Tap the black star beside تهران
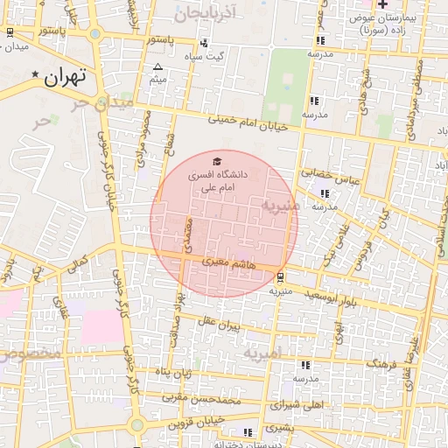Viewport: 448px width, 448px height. click(35, 74)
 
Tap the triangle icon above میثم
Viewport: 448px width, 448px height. click(157, 66)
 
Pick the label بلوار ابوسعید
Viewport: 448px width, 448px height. click(313, 295)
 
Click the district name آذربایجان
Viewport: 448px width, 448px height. click(206, 14)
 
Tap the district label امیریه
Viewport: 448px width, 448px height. click(262, 354)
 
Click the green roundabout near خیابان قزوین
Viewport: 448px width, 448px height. click(136, 426)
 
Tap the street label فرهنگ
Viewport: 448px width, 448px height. click(382, 361)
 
